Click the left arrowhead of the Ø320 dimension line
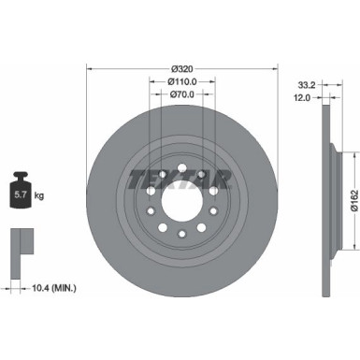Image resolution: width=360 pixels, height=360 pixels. (x=89, y=69)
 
